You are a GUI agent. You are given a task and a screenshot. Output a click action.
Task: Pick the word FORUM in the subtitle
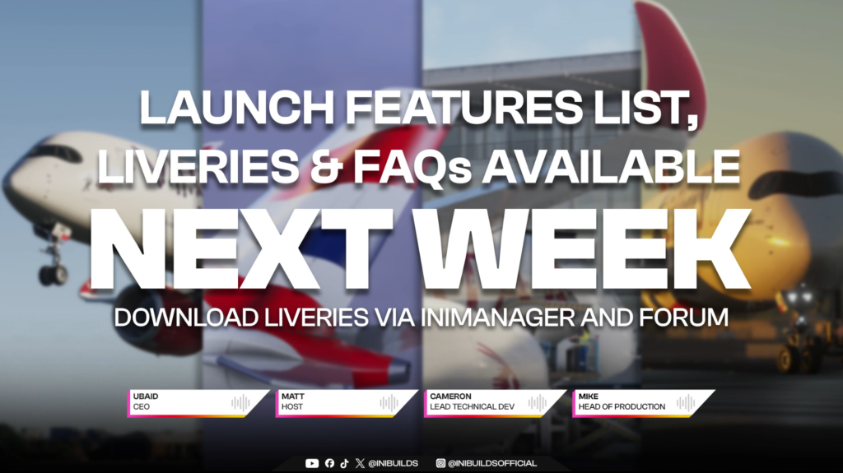coord(683,318)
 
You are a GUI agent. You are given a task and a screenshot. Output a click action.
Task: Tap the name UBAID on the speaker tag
coord(146,396)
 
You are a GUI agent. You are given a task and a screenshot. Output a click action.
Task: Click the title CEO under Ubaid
coord(142,407)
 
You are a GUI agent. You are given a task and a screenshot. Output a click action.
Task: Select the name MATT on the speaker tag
coord(292,396)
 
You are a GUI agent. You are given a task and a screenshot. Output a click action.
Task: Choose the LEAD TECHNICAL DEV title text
coord(472,407)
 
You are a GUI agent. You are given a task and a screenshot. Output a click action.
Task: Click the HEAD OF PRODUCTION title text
coord(622,407)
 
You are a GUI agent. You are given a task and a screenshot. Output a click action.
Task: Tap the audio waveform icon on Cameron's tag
coord(537,402)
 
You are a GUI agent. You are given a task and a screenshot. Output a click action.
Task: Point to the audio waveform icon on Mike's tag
coord(686,402)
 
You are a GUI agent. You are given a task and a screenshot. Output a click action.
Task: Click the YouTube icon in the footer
coord(312,463)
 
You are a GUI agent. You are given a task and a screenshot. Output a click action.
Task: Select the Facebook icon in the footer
coord(329,463)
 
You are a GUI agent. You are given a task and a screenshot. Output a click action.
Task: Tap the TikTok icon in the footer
coord(345,463)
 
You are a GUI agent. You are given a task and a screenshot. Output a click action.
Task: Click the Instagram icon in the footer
coord(440,463)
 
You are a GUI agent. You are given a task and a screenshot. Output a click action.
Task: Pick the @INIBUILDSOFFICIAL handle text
coord(492,463)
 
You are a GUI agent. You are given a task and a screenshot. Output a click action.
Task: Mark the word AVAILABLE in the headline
coord(611,167)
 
